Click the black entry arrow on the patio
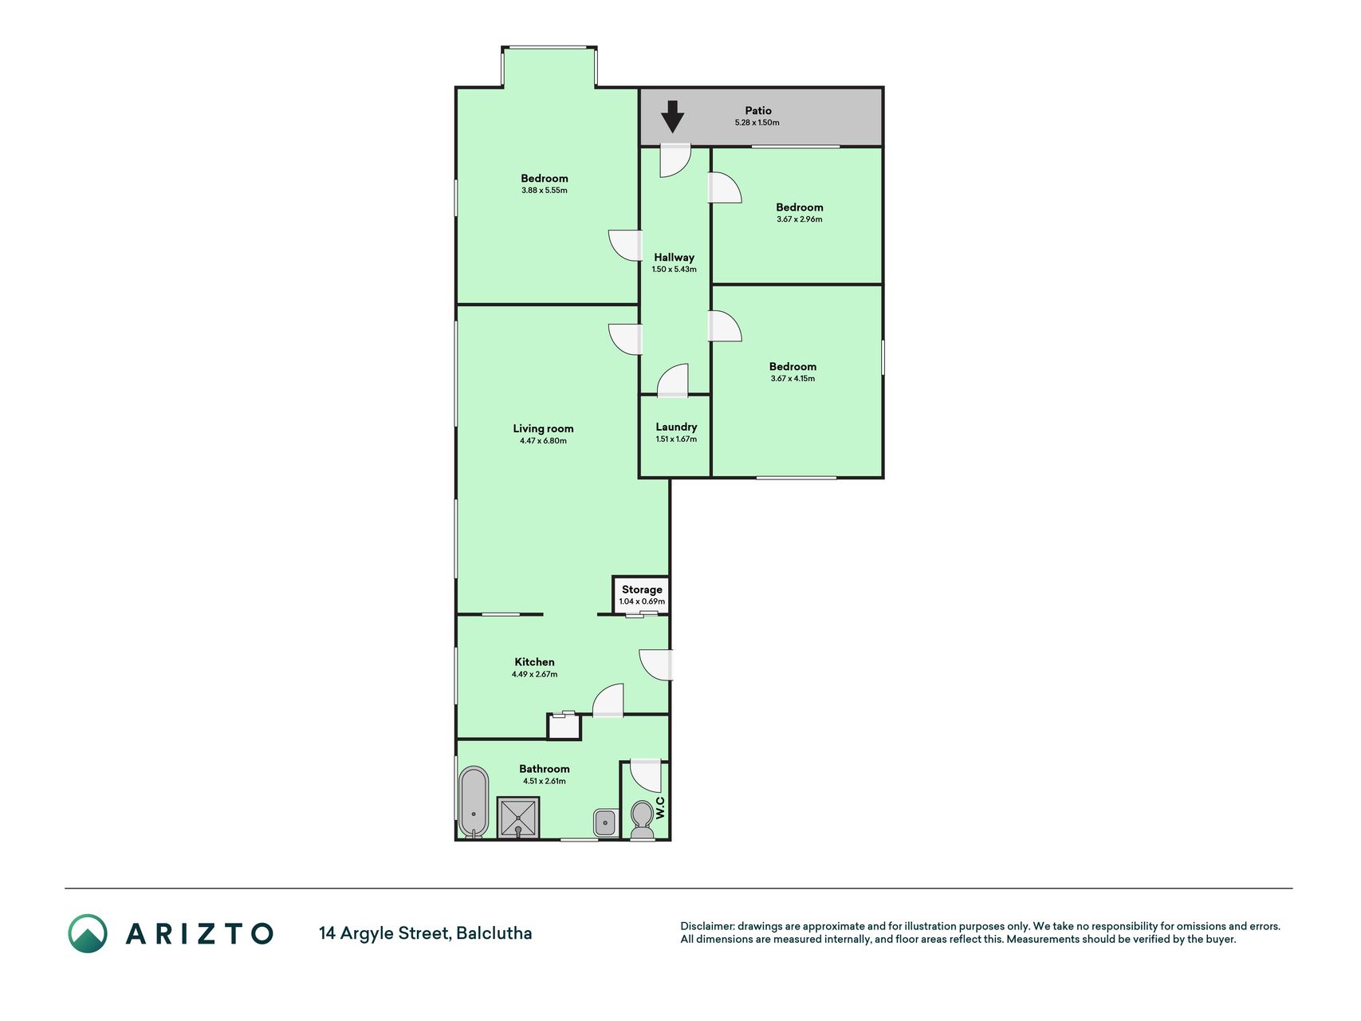pos(672,116)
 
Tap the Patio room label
pos(758,111)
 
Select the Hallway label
pos(674,258)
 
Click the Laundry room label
pos(676,427)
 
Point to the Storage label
pos(642,589)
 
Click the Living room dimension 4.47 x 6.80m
pos(543,441)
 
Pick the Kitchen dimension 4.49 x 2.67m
pos(534,674)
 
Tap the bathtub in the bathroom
pos(473,802)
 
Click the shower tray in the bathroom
pos(518,818)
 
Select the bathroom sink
pos(605,822)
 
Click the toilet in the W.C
pos(641,821)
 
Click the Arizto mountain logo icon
pos(87,933)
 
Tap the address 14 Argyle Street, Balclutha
pos(425,933)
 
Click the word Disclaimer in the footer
pos(706,926)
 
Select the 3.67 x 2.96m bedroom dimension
pos(799,219)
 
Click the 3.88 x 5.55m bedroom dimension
pos(544,191)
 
